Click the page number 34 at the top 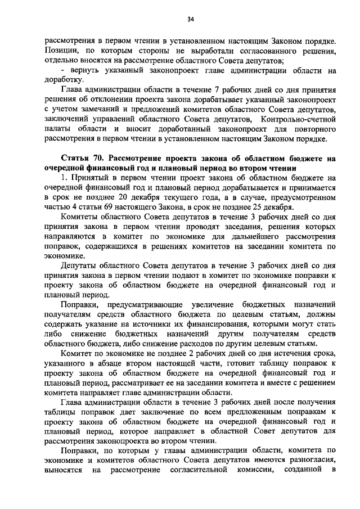click(191, 20)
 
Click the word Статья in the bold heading click(79, 159)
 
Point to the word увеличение click(217, 304)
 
